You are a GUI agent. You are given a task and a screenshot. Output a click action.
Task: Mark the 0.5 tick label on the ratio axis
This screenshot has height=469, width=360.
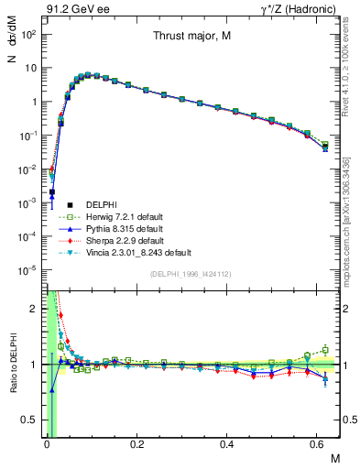28,420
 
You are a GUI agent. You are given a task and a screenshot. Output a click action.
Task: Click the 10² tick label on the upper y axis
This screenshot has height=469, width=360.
27,34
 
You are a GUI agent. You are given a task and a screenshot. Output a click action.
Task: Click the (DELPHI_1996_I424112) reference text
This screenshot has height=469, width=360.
191,274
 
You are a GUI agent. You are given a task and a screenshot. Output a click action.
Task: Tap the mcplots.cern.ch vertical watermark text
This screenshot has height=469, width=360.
349,220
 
